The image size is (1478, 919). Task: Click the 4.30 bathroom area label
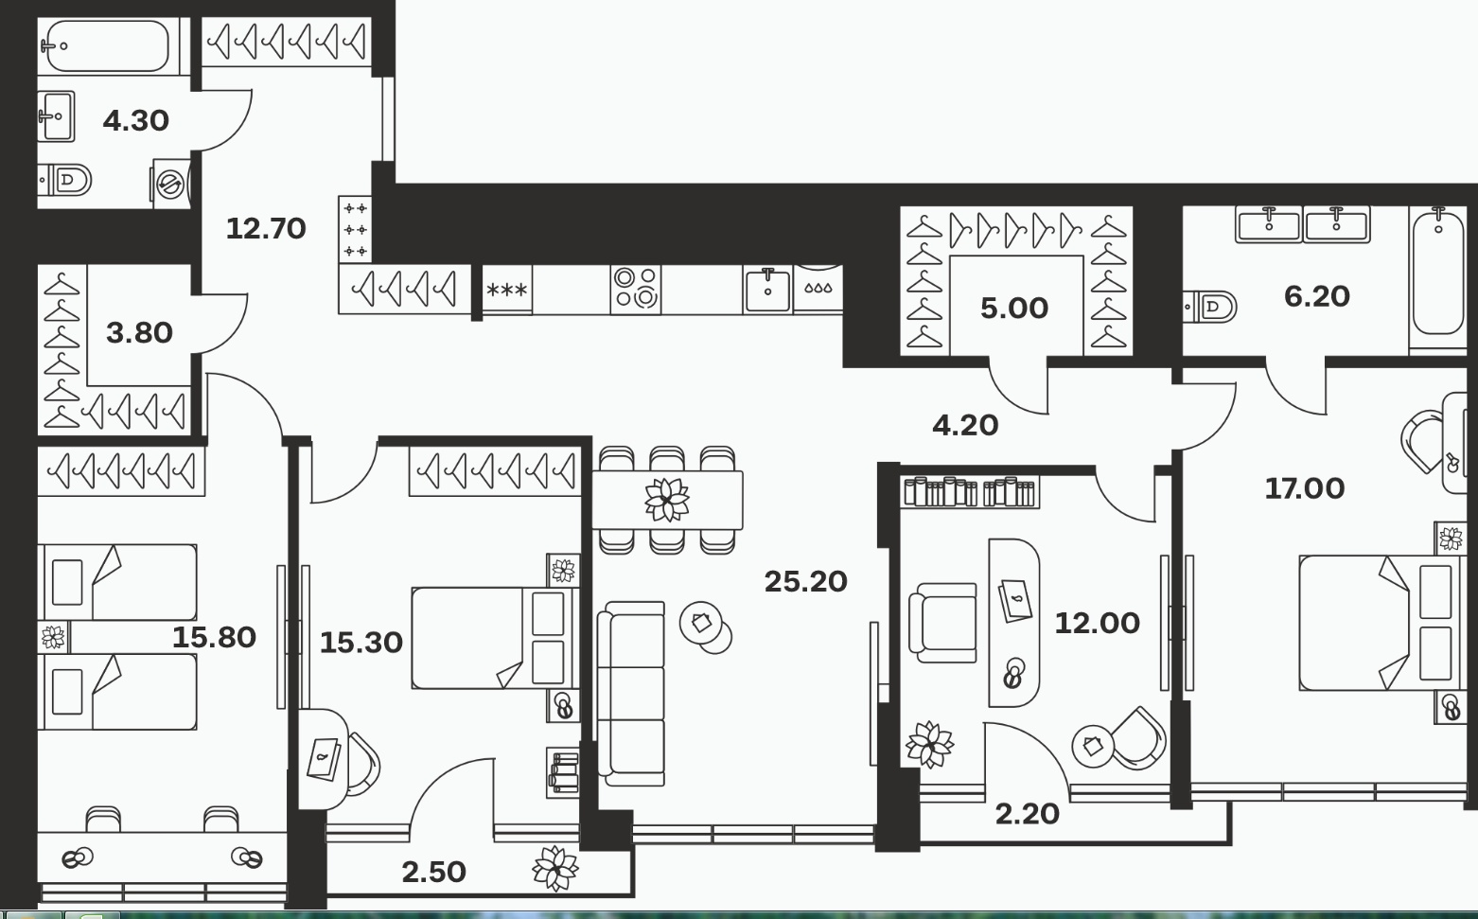point(136,121)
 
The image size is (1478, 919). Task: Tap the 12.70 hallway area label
point(266,229)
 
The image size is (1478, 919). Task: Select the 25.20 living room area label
point(805,582)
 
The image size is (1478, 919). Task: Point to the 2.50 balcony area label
point(433,872)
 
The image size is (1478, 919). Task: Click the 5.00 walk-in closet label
point(1014,309)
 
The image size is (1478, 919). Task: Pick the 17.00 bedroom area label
point(1305,488)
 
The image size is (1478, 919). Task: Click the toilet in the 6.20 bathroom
point(1209,307)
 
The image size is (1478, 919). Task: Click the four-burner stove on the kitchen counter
point(636,289)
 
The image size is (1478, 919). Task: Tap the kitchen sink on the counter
point(767,290)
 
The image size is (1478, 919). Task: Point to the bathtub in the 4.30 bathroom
point(109,45)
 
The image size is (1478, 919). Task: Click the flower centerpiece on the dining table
point(667,500)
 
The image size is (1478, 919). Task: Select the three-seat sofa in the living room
point(631,693)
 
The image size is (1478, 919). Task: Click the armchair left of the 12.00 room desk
point(942,623)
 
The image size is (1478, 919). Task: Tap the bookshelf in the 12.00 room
point(970,492)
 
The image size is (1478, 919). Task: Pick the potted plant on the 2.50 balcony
point(555,868)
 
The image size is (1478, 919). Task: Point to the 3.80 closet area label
point(139,333)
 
